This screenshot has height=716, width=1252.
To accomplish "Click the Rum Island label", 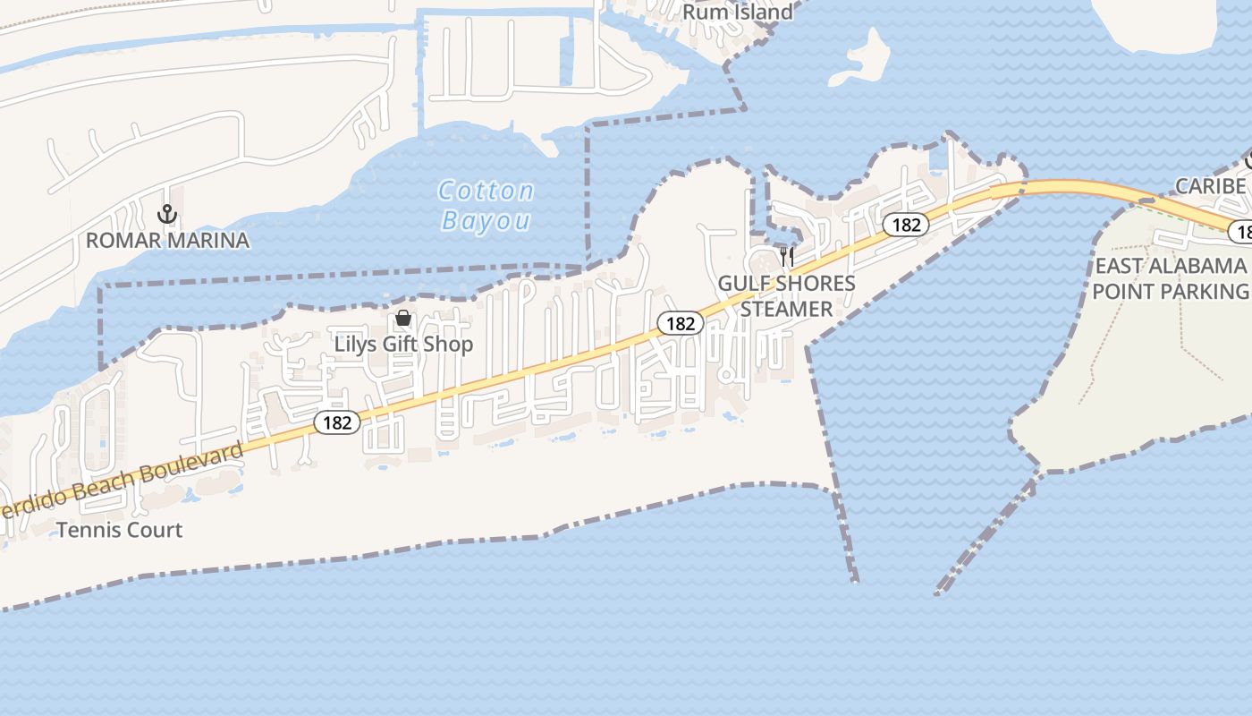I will pyautogui.click(x=737, y=12).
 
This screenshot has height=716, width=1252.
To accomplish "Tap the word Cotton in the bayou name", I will pyautogui.click(x=486, y=191).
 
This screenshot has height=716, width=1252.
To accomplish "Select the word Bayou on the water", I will pyautogui.click(x=486, y=221).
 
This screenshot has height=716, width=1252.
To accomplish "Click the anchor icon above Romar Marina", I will pyautogui.click(x=166, y=214).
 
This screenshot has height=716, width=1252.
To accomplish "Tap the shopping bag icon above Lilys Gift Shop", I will pyautogui.click(x=403, y=318).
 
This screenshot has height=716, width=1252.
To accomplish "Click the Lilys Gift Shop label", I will pyautogui.click(x=403, y=344).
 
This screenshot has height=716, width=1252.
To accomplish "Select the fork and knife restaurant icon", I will pyautogui.click(x=787, y=257).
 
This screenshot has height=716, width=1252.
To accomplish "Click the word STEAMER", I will pyautogui.click(x=786, y=309).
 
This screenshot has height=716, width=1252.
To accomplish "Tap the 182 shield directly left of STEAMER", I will pyautogui.click(x=681, y=323).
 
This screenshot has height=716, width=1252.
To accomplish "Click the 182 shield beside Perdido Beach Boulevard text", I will pyautogui.click(x=337, y=422).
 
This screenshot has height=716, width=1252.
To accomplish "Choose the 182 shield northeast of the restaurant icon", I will pyautogui.click(x=906, y=225).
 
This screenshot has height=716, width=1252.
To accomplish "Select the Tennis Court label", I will pyautogui.click(x=119, y=530).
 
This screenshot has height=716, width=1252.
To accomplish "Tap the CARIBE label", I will pyautogui.click(x=1210, y=186).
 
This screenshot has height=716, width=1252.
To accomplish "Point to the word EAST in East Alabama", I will pyautogui.click(x=1119, y=266).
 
